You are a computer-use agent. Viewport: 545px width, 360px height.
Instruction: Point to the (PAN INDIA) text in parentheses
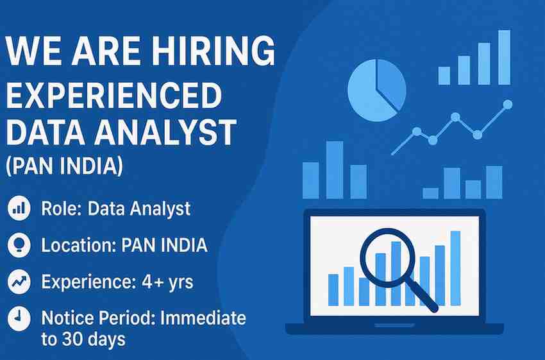pos(63,167)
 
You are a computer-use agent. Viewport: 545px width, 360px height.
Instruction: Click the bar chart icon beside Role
pos(19,208)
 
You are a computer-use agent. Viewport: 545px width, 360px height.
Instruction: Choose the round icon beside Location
pos(19,244)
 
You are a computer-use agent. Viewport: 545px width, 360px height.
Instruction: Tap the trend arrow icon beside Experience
pos(19,281)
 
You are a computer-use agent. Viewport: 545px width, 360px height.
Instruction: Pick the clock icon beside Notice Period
pos(19,318)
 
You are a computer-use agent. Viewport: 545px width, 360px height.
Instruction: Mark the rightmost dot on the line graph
pos(508,103)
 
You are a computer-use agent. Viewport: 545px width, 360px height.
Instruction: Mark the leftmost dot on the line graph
pos(416,131)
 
